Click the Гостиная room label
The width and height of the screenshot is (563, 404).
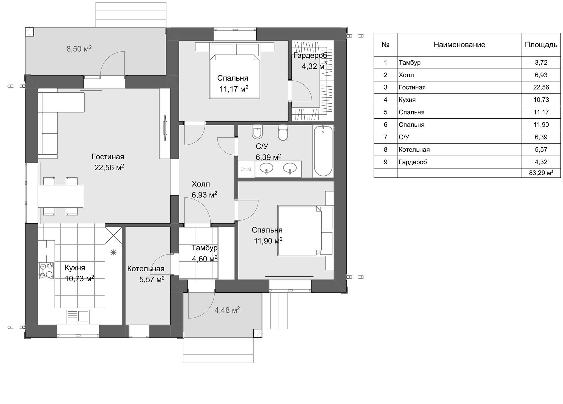click(x=108, y=157)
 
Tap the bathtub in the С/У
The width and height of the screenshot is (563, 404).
click(x=323, y=151)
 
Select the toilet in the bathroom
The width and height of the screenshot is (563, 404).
click(x=283, y=132)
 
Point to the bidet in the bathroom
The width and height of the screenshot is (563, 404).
click(x=257, y=131)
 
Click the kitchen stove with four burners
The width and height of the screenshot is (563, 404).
click(x=46, y=271)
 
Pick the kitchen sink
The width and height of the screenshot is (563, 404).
click(x=78, y=317)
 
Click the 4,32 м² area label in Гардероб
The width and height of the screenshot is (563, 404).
click(x=314, y=66)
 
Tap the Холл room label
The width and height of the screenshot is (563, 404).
click(x=201, y=184)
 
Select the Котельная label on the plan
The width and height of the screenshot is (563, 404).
click(x=146, y=269)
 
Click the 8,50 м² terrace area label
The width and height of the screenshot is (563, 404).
click(x=79, y=49)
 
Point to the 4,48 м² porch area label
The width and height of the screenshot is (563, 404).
click(x=227, y=310)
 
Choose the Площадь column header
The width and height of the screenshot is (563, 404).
click(x=541, y=45)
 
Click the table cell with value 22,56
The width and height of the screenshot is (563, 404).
click(x=541, y=87)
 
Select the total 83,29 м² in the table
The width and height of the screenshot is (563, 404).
click(x=541, y=173)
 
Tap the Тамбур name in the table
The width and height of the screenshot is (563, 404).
click(x=410, y=62)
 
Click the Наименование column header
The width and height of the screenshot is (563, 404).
click(x=459, y=45)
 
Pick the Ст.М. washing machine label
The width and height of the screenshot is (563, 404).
click(x=246, y=169)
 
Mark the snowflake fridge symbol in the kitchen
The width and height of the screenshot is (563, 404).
click(x=113, y=252)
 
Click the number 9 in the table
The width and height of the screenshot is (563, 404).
click(x=385, y=162)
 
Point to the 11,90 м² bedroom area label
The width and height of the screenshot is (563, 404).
click(x=268, y=241)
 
